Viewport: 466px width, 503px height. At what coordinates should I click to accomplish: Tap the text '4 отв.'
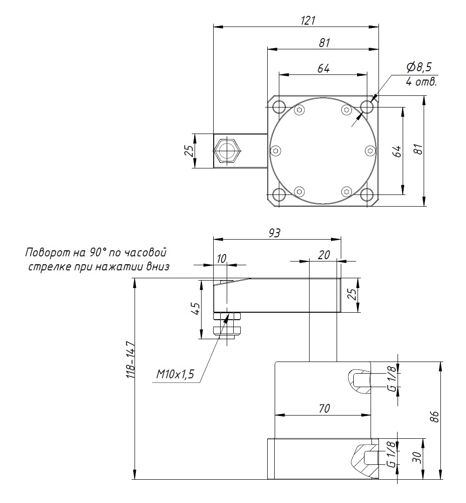tap(421, 82)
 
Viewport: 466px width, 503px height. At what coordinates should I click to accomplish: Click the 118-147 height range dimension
tap(131, 360)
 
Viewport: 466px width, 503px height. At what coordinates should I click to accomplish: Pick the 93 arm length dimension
tap(275, 233)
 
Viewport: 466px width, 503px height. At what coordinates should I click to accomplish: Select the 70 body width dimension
tap(324, 408)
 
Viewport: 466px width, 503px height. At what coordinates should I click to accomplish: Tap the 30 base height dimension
tap(418, 458)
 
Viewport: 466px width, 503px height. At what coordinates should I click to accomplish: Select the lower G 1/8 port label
tap(392, 455)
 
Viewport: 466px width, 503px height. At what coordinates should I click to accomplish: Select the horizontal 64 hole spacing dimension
tap(324, 68)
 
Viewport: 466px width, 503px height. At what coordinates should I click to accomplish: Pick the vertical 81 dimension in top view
tap(418, 150)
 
